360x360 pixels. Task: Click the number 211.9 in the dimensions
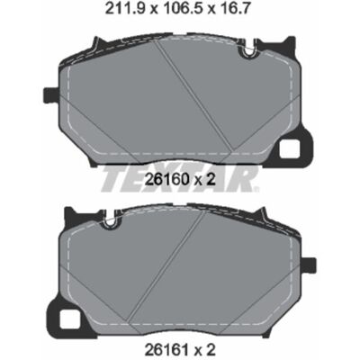[126, 9]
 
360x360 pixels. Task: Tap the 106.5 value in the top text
[183, 9]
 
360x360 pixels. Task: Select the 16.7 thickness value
[235, 9]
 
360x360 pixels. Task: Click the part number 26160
[166, 180]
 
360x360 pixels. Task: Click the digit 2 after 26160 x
[211, 180]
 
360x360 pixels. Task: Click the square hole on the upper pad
[290, 149]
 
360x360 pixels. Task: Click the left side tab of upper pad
[51, 94]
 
